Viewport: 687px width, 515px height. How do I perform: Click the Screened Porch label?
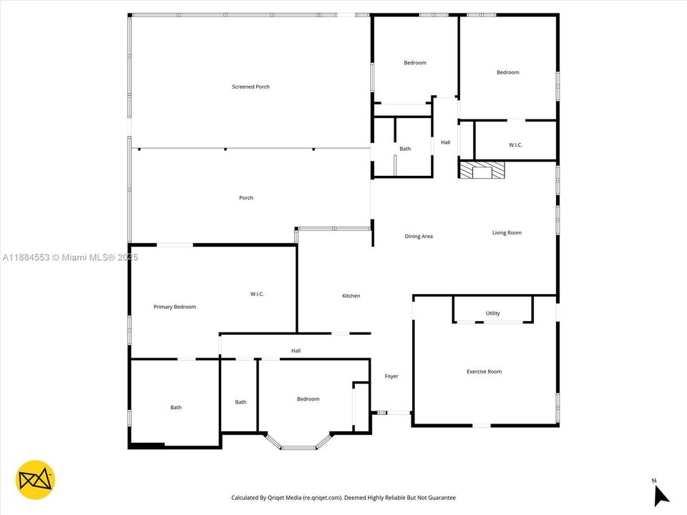[250, 87]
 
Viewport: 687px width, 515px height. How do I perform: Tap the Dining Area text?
[419, 236]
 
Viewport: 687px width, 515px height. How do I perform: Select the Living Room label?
[507, 232]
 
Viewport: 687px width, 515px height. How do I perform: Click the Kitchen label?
[351, 295]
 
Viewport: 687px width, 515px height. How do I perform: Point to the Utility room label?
[492, 313]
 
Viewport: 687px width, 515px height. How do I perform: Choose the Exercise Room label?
[484, 371]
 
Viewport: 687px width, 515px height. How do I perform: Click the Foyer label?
[391, 376]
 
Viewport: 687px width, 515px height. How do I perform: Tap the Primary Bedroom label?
[175, 307]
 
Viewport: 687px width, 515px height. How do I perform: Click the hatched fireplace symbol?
[482, 170]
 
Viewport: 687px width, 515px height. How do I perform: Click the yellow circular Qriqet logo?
[35, 479]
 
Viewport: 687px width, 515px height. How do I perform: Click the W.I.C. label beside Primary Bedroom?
[258, 294]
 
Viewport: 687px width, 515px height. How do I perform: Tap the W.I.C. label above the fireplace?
[515, 145]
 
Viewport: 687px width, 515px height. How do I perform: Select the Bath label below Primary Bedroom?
[175, 408]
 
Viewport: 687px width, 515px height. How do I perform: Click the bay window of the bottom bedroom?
[298, 443]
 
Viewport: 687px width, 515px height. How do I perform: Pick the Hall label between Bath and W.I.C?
[445, 142]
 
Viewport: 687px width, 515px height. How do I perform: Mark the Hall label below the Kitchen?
[296, 350]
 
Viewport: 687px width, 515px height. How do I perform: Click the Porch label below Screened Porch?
[245, 198]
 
